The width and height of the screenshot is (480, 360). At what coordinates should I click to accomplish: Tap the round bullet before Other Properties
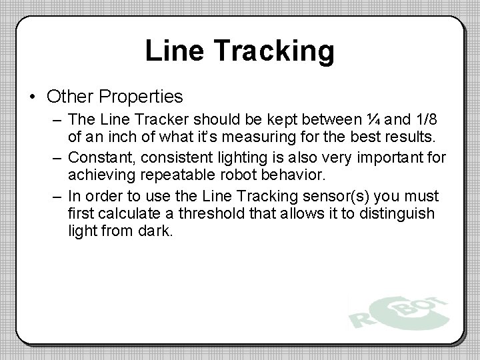click(x=35, y=97)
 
